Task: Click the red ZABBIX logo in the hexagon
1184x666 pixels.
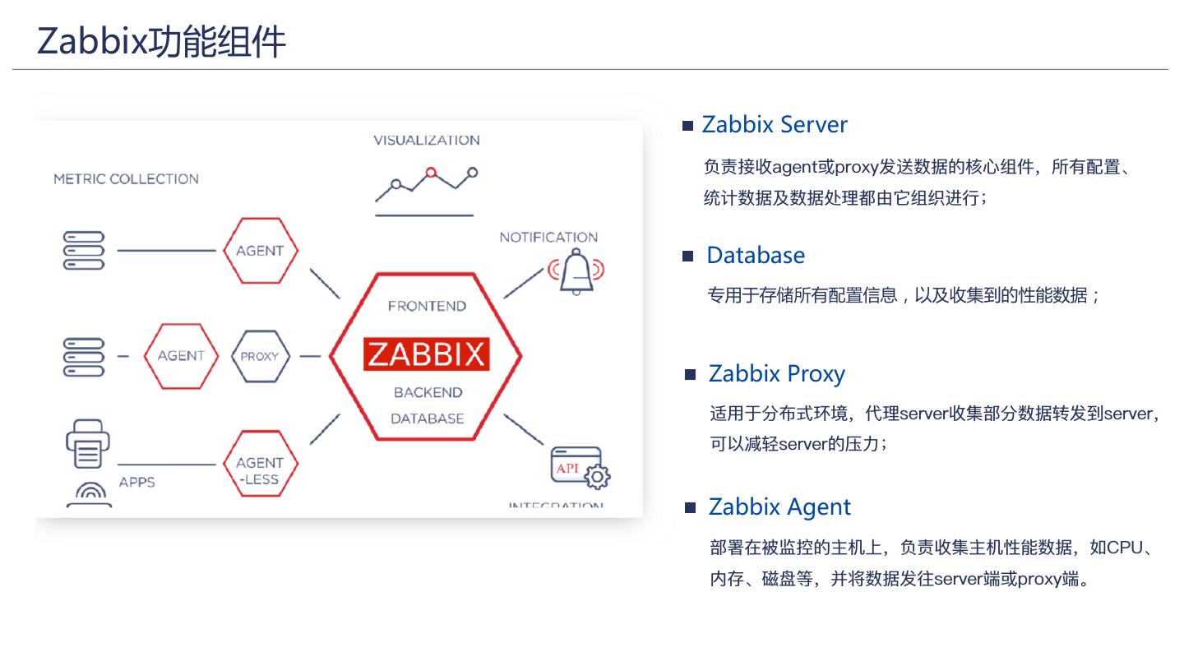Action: click(x=426, y=354)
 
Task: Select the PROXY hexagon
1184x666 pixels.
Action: click(x=259, y=357)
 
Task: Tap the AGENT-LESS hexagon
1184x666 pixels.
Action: click(x=260, y=471)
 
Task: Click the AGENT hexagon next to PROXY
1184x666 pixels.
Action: click(x=181, y=356)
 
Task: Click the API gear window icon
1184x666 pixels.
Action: click(x=579, y=468)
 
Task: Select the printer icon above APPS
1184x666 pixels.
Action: click(x=87, y=445)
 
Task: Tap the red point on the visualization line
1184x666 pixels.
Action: click(x=429, y=173)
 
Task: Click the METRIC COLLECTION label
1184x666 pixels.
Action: click(x=126, y=179)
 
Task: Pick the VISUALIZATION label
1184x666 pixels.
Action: click(x=427, y=141)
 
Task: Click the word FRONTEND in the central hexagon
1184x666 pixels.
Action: click(x=427, y=307)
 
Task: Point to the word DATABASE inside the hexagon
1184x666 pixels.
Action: click(x=427, y=419)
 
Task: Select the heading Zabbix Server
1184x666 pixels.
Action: click(x=775, y=125)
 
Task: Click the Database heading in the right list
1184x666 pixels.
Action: click(x=756, y=256)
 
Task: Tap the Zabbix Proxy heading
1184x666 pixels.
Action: click(x=777, y=374)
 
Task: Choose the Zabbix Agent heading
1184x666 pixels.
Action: click(x=779, y=507)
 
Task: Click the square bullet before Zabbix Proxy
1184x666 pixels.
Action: click(x=690, y=375)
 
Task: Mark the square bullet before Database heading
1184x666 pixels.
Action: click(x=688, y=257)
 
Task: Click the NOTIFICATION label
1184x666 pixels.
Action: click(x=548, y=238)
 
